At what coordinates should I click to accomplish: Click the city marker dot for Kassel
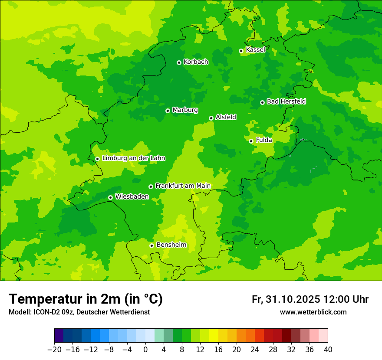(241, 51)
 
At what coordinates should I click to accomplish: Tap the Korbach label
(196, 62)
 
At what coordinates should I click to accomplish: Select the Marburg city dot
(168, 111)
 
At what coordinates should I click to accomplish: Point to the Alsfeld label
(226, 117)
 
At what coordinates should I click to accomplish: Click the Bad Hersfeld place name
(286, 101)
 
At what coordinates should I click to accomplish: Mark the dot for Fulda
(251, 141)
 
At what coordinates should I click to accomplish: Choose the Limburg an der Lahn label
(133, 158)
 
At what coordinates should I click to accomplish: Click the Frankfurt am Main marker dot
(151, 187)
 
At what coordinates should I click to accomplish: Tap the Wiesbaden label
(132, 197)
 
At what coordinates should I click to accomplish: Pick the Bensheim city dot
(151, 245)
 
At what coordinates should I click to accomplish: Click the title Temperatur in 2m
(86, 299)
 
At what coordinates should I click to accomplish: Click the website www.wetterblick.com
(313, 312)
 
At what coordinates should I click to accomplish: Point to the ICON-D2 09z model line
(79, 312)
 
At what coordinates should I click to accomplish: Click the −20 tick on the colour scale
(54, 350)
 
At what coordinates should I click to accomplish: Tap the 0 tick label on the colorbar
(145, 350)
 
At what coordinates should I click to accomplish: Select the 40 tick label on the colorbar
(328, 350)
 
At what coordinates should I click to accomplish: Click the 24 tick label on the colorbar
(255, 350)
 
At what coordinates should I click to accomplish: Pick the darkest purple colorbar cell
(59, 336)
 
